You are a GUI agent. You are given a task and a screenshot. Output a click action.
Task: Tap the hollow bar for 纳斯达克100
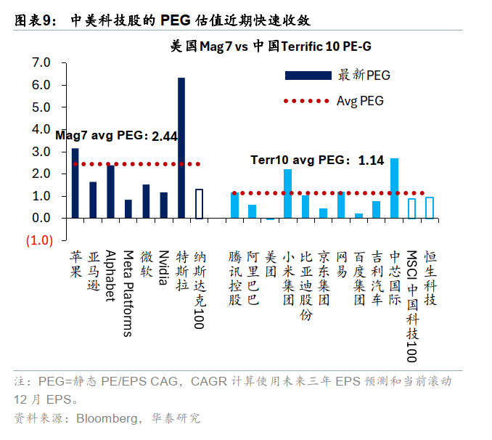[199, 203]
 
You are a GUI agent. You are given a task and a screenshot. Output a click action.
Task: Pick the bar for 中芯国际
[394, 188]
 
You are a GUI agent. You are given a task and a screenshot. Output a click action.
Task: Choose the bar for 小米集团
[287, 193]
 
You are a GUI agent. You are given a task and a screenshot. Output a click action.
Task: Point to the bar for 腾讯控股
[234, 205]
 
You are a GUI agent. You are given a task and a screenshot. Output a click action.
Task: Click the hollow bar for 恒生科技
[430, 208]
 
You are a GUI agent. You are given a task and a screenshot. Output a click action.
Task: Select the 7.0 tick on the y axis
[41, 63]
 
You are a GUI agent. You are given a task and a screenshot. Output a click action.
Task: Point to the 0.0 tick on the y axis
[41, 219]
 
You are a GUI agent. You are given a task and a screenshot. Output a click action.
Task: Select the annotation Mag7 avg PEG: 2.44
[116, 136]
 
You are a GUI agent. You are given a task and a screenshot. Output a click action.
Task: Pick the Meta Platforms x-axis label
[128, 293]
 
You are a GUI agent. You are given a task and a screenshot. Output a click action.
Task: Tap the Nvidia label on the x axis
[163, 269]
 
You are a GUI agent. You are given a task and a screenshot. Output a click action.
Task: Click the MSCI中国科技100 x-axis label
[411, 306]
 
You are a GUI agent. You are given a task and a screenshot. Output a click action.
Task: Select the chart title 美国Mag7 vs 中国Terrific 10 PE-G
[270, 46]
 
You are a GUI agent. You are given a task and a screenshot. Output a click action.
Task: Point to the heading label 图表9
[33, 20]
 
